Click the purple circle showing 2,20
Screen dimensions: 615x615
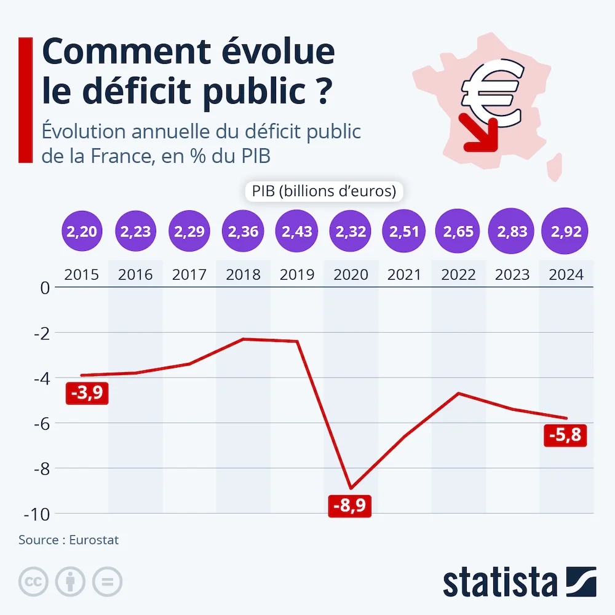pyautogui.click(x=81, y=232)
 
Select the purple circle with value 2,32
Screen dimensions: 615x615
pyautogui.click(x=351, y=232)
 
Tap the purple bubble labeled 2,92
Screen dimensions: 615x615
pyautogui.click(x=566, y=232)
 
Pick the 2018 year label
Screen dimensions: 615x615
pyautogui.click(x=243, y=274)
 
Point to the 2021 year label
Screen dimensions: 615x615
pyautogui.click(x=405, y=274)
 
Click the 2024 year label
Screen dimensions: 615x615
pyautogui.click(x=566, y=274)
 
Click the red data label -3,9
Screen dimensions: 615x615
pyautogui.click(x=87, y=394)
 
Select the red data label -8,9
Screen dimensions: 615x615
pyautogui.click(x=351, y=506)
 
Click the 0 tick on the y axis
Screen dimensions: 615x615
pyautogui.click(x=44, y=287)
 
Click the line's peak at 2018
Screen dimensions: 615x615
pyautogui.click(x=243, y=339)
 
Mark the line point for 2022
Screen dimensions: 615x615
pyautogui.click(x=459, y=393)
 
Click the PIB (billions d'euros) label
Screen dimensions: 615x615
pyautogui.click(x=323, y=191)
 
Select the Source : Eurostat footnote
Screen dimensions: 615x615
pyautogui.click(x=68, y=540)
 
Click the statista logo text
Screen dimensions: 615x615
pyautogui.click(x=499, y=582)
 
